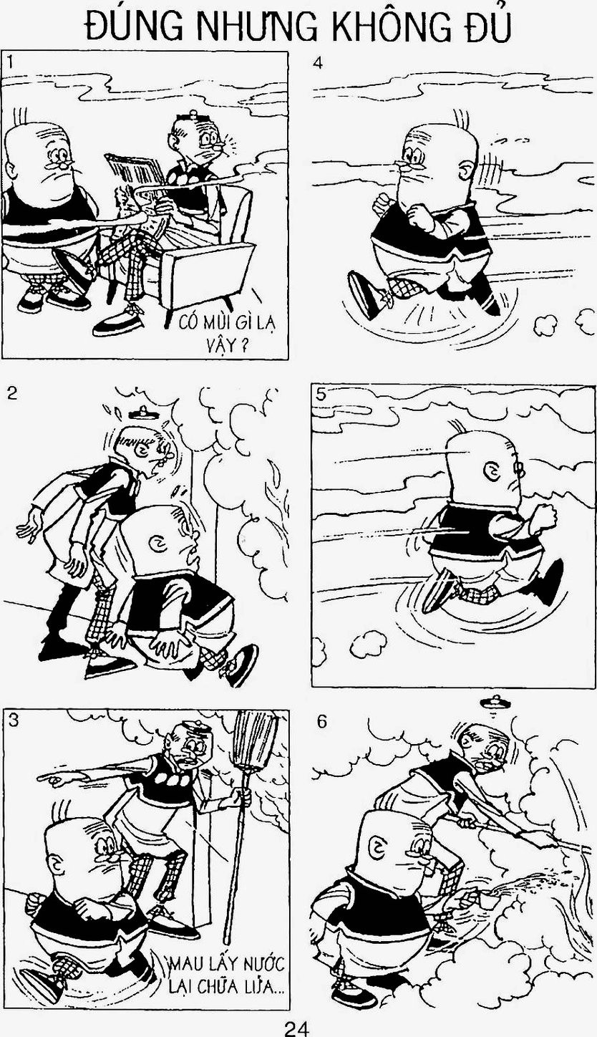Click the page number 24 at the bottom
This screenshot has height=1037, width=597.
(296, 1027)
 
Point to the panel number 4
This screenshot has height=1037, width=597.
(318, 62)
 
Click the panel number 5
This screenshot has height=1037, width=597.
(321, 395)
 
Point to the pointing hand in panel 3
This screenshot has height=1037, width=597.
(52, 778)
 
